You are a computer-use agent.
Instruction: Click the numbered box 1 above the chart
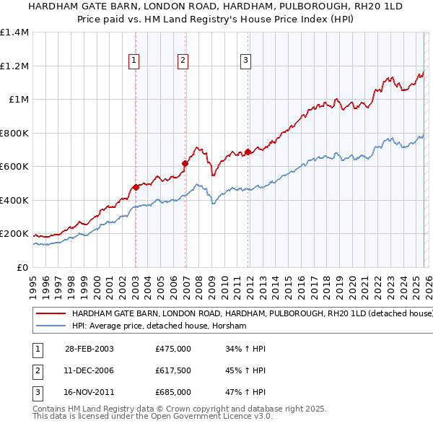pyautogui.click(x=135, y=61)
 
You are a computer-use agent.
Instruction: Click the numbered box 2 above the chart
pyautogui.click(x=183, y=61)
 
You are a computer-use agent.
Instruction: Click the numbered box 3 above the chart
pyautogui.click(x=246, y=61)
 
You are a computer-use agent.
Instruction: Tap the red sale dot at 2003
pyautogui.click(x=136, y=188)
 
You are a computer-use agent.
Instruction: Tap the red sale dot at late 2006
pyautogui.click(x=184, y=164)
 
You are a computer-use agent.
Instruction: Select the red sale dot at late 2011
pyautogui.click(x=248, y=152)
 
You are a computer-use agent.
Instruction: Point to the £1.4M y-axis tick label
pyautogui.click(x=14, y=32)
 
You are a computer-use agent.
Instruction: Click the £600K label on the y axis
pyautogui.click(x=14, y=167)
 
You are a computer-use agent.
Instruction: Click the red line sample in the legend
pyautogui.click(x=51, y=314)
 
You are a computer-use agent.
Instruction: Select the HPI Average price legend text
pyautogui.click(x=159, y=326)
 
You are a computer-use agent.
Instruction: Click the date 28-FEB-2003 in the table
pyautogui.click(x=89, y=349)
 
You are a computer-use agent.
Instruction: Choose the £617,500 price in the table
pyautogui.click(x=173, y=370)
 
